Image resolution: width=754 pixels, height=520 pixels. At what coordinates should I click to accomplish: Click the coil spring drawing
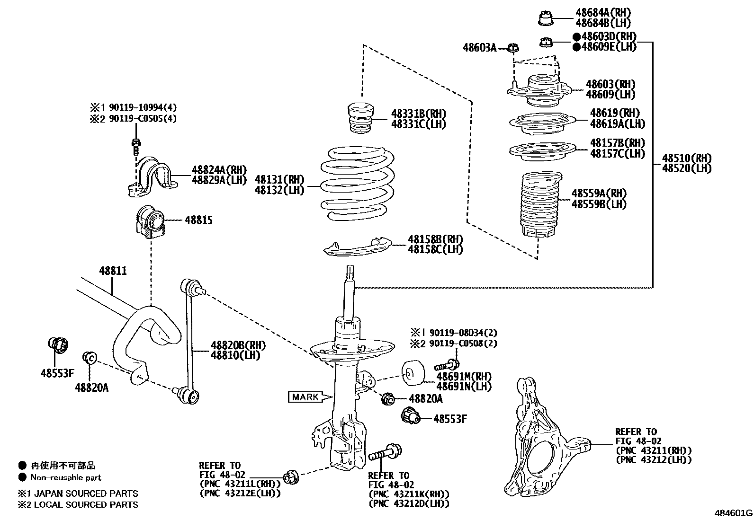(359, 185)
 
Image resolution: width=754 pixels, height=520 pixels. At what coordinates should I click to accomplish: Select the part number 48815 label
(198, 220)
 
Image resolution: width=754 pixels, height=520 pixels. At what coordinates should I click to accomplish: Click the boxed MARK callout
(305, 397)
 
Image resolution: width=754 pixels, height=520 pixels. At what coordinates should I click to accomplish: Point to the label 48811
(113, 271)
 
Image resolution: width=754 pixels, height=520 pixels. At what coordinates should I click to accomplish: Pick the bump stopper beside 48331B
(359, 119)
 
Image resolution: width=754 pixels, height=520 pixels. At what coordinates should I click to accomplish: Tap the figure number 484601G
(733, 512)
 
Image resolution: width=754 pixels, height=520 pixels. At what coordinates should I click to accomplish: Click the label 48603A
(479, 47)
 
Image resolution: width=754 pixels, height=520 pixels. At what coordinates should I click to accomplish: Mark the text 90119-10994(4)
(142, 107)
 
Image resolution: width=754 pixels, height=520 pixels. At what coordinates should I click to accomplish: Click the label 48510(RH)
(686, 158)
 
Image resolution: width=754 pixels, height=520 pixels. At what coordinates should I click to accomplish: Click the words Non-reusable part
(66, 477)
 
